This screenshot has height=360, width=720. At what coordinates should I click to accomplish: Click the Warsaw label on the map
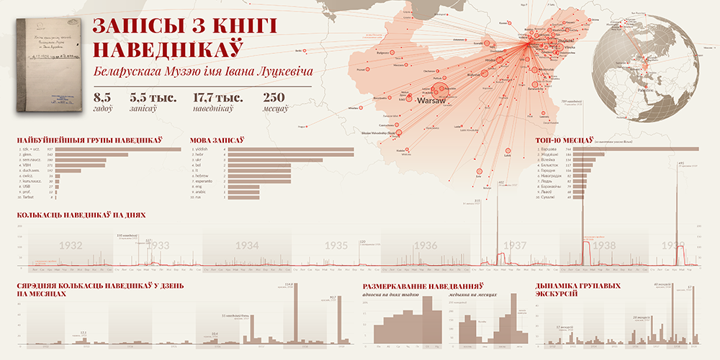(431, 102)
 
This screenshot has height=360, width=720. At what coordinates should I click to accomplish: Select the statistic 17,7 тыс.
(217, 97)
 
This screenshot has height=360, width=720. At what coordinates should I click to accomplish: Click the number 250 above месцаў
(275, 97)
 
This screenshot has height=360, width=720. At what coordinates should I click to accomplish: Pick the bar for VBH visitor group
(79, 165)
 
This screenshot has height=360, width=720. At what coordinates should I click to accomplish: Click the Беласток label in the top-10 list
(549, 165)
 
